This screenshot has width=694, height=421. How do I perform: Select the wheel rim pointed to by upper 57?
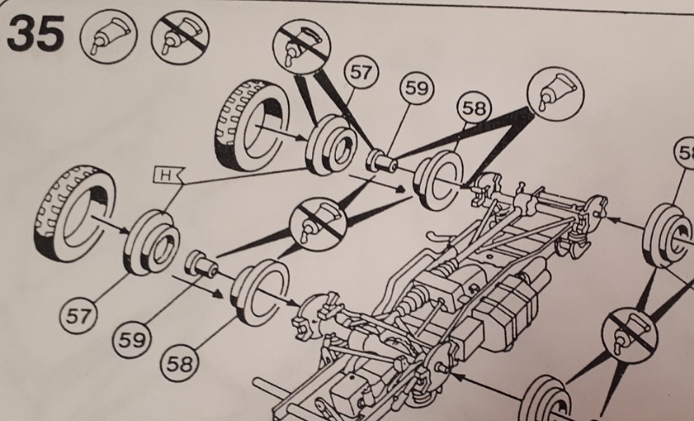pos(330,144)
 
